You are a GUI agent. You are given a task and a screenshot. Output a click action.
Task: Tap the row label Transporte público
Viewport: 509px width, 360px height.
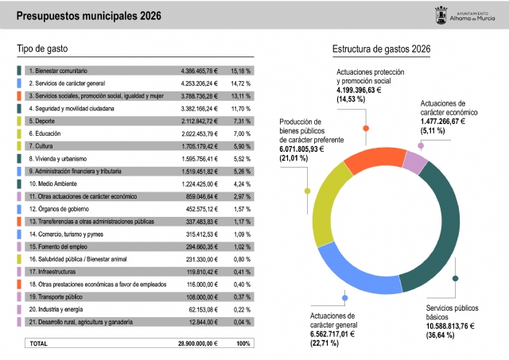click(58, 296)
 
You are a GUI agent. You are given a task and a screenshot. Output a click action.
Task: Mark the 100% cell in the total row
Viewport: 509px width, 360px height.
click(243, 343)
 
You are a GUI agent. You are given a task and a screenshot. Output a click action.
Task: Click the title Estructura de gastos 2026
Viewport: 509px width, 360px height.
click(381, 49)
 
